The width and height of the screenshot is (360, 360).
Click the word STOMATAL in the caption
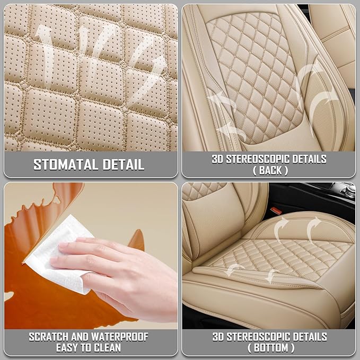pyautogui.click(x=66, y=164)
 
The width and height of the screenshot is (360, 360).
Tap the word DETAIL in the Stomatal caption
pyautogui.click(x=124, y=164)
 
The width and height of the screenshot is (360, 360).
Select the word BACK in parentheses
pyautogui.click(x=270, y=171)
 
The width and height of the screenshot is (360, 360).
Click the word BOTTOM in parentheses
pyautogui.click(x=271, y=348)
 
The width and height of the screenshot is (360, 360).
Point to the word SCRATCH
pyautogui.click(x=49, y=337)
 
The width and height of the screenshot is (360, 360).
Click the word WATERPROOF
pyautogui.click(x=120, y=337)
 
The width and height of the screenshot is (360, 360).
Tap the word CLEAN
pyautogui.click(x=108, y=348)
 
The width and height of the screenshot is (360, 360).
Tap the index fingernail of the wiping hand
pyautogui.click(x=64, y=245)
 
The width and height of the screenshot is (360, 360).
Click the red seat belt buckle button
pyautogui.click(x=276, y=210)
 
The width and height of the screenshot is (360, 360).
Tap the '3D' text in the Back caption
pyautogui.click(x=217, y=159)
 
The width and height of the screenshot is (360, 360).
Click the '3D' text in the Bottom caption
pyautogui.click(x=218, y=337)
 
